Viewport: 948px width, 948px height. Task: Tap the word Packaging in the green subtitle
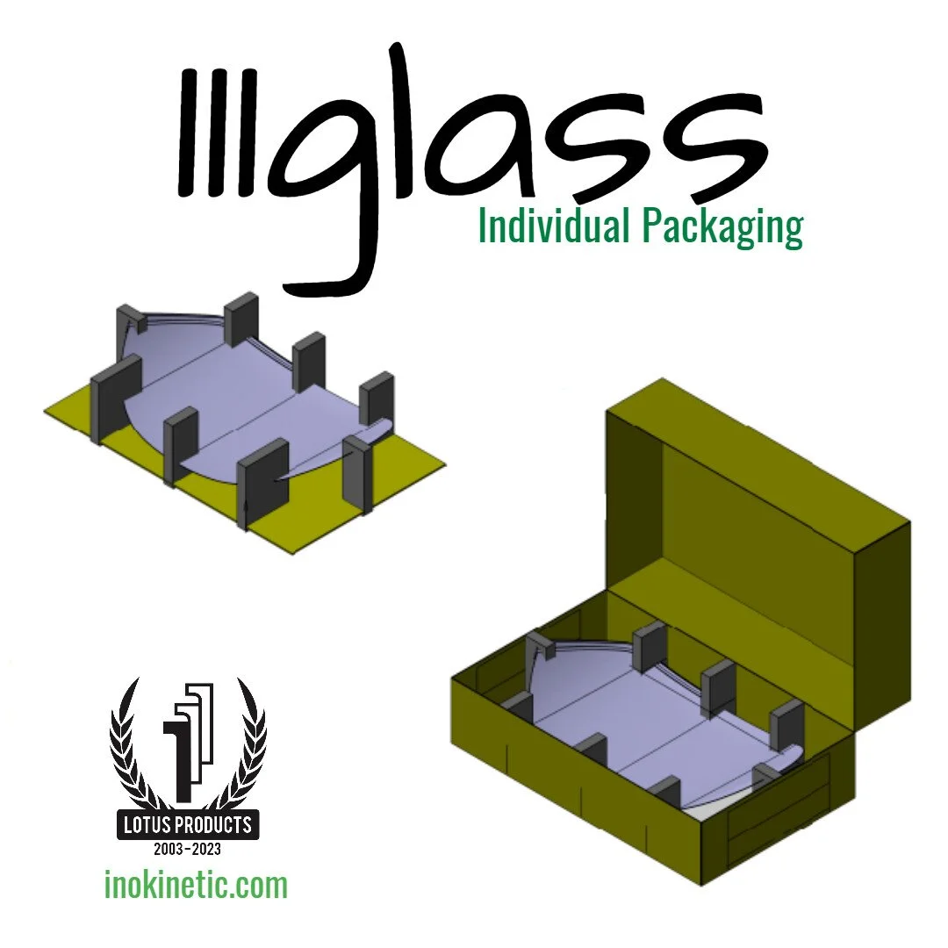coord(722,226)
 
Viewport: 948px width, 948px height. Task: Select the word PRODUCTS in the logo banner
coord(217,825)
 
